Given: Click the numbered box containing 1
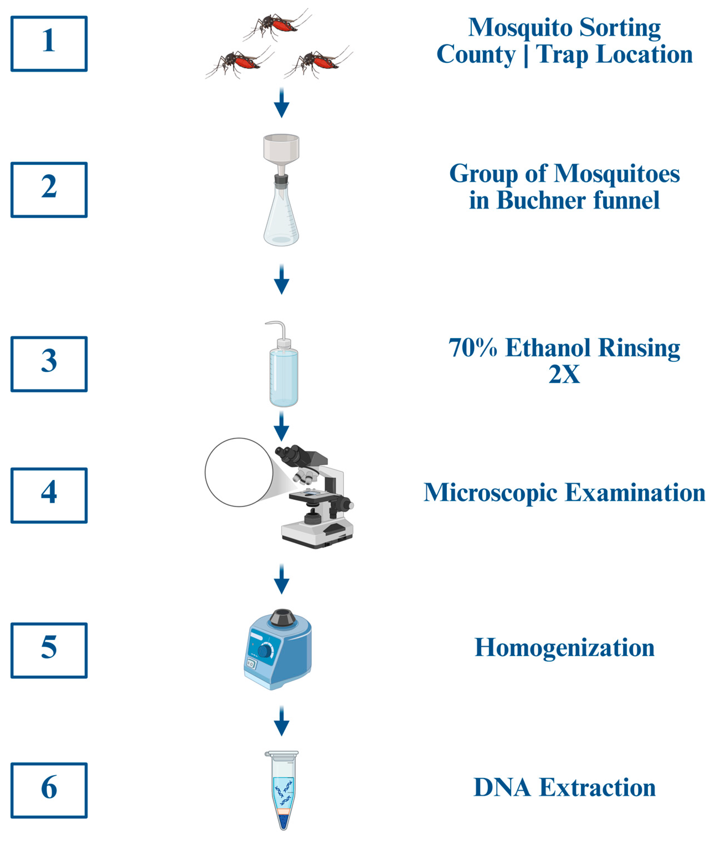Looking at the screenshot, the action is (49, 43).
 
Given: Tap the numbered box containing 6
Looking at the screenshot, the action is (49, 790).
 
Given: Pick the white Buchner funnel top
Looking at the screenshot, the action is (281, 147).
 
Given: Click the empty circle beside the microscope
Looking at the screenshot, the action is (239, 472).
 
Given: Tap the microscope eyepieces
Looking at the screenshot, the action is (289, 455).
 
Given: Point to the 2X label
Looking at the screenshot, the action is (564, 374).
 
